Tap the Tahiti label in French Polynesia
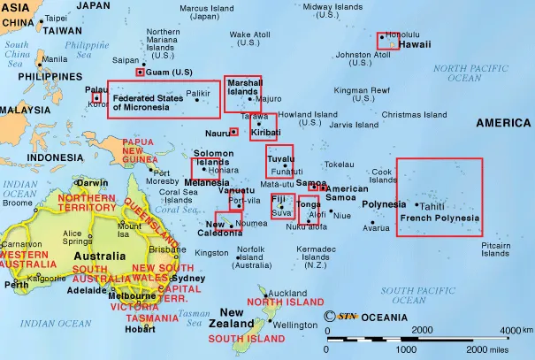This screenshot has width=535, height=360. (432, 205)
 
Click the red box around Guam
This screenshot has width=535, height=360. (139, 72)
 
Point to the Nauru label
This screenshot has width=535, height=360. (218, 133)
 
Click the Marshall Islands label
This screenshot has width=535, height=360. (243, 87)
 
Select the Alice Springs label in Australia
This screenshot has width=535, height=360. (77, 237)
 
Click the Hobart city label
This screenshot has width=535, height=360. (140, 330)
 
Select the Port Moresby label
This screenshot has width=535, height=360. (163, 177)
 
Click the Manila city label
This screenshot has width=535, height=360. (54, 59)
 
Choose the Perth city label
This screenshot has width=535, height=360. (16, 285)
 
